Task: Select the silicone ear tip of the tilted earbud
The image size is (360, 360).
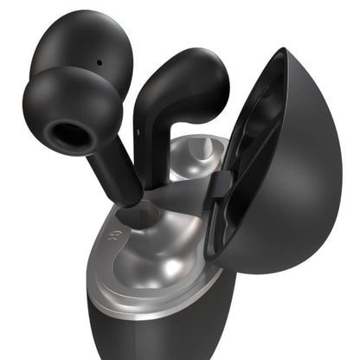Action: pos(74,112)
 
